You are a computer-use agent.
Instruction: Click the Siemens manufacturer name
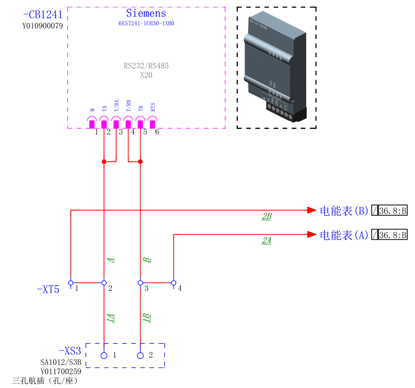coord(146,14)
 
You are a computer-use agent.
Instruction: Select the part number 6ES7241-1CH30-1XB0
coord(146,23)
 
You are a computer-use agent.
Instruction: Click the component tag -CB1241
coord(42,15)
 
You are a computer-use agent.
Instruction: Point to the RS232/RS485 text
coord(146,66)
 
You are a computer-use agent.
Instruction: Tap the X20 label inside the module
coord(146,75)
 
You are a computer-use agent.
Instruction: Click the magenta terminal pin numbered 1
coord(92,124)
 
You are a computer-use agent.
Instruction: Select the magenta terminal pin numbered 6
coord(152,124)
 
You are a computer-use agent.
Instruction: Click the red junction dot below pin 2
coord(104,162)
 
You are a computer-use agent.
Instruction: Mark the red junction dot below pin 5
coord(140,162)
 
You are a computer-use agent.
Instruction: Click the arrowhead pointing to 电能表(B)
coord(311,210)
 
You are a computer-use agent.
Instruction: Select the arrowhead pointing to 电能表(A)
coord(311,234)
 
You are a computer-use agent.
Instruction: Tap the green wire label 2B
coord(266,217)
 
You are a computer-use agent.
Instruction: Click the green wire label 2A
coord(266,241)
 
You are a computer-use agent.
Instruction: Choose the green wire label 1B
coord(146,318)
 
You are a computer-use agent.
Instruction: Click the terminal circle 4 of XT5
coord(173,283)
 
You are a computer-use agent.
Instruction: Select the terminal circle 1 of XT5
coord(71,283)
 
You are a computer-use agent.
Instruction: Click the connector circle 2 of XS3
coord(140,355)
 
